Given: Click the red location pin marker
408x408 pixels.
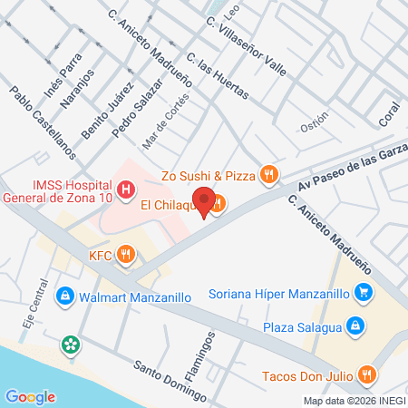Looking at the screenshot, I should (205, 201).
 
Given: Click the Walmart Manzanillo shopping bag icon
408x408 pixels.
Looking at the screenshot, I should (64, 296).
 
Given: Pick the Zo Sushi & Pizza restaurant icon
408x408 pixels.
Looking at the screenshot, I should (267, 173).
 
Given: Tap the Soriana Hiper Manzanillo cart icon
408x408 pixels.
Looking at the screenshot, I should (364, 293).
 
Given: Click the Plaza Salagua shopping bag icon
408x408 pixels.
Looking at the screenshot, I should (356, 326).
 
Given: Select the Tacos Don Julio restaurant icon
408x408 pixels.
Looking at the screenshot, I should (366, 374).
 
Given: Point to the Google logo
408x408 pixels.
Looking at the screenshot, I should (30, 396).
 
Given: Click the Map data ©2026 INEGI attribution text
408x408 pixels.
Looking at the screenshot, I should (354, 400).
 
